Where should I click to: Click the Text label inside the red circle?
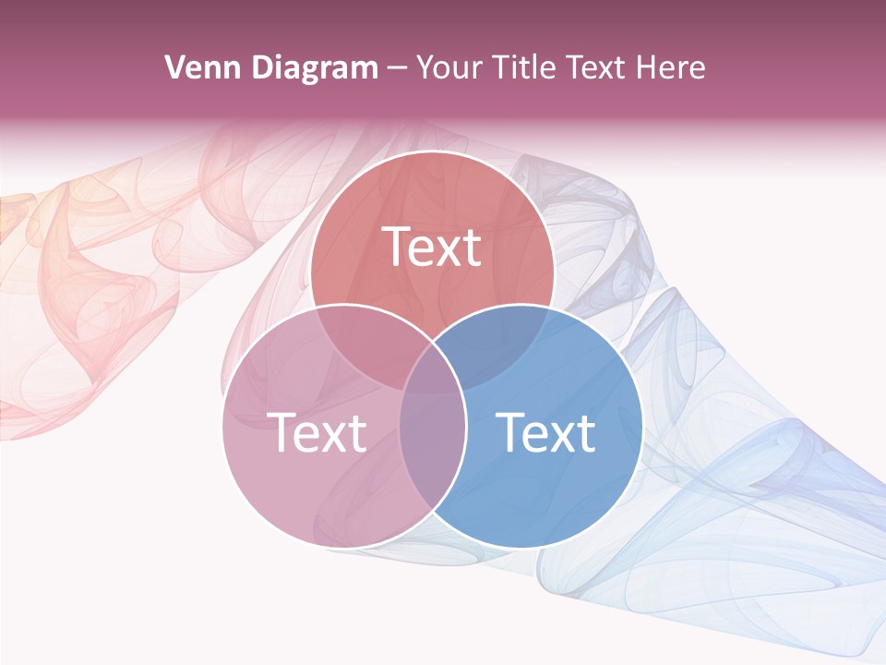[432, 247]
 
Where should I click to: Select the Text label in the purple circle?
[316, 431]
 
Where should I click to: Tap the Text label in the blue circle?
[545, 431]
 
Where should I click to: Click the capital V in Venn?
[174, 67]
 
